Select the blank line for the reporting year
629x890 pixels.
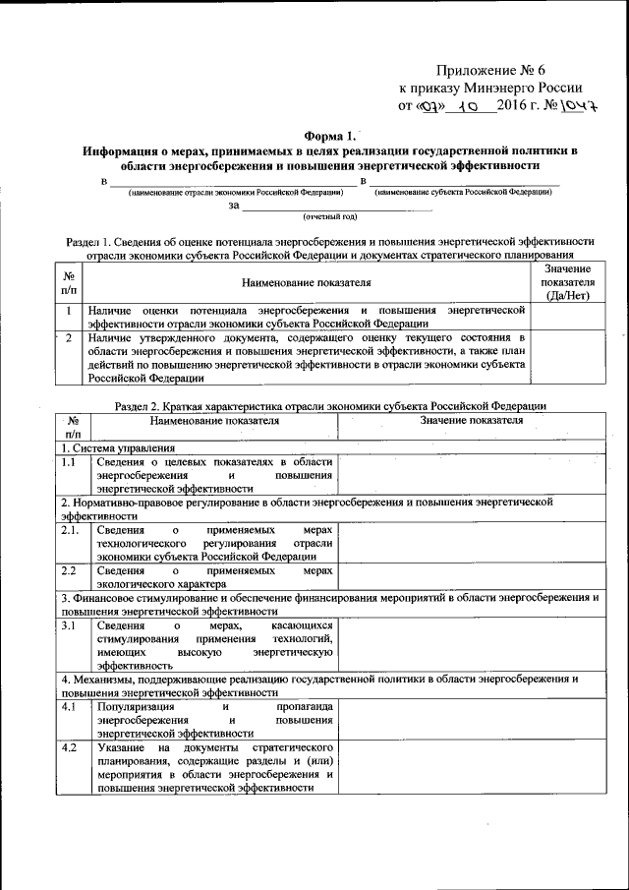(336, 207)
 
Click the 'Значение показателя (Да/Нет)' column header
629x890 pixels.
(565, 282)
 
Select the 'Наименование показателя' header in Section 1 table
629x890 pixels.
(308, 283)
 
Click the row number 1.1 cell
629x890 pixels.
(68, 461)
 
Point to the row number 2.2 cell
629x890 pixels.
(68, 570)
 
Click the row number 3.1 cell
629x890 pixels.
(68, 624)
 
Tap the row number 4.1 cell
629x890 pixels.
(68, 706)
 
